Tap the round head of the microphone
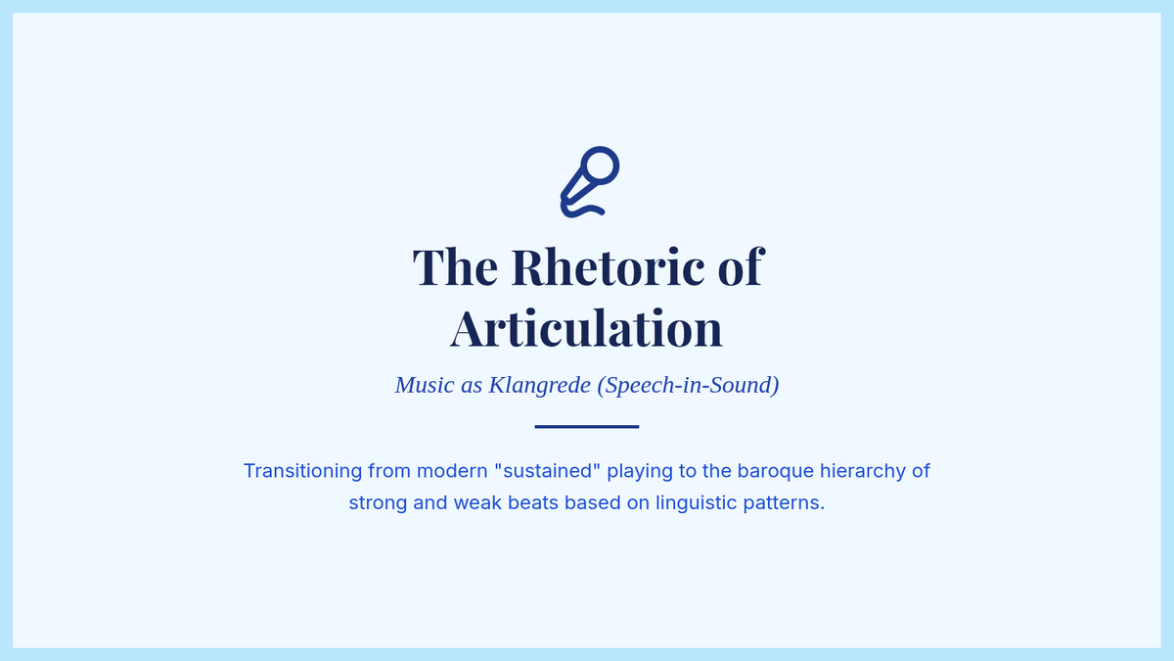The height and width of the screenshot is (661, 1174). point(600,165)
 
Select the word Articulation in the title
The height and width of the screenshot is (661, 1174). point(586,329)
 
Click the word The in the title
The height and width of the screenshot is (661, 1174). point(455,267)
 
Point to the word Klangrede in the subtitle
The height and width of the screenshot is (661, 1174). point(539,385)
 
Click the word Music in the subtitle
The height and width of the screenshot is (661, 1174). point(425,385)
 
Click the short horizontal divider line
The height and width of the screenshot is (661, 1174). point(587,427)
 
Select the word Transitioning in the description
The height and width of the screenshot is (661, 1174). point(302,471)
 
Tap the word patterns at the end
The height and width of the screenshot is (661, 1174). point(784,503)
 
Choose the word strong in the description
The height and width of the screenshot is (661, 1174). point(378,503)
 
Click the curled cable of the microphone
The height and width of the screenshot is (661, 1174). point(582,211)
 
